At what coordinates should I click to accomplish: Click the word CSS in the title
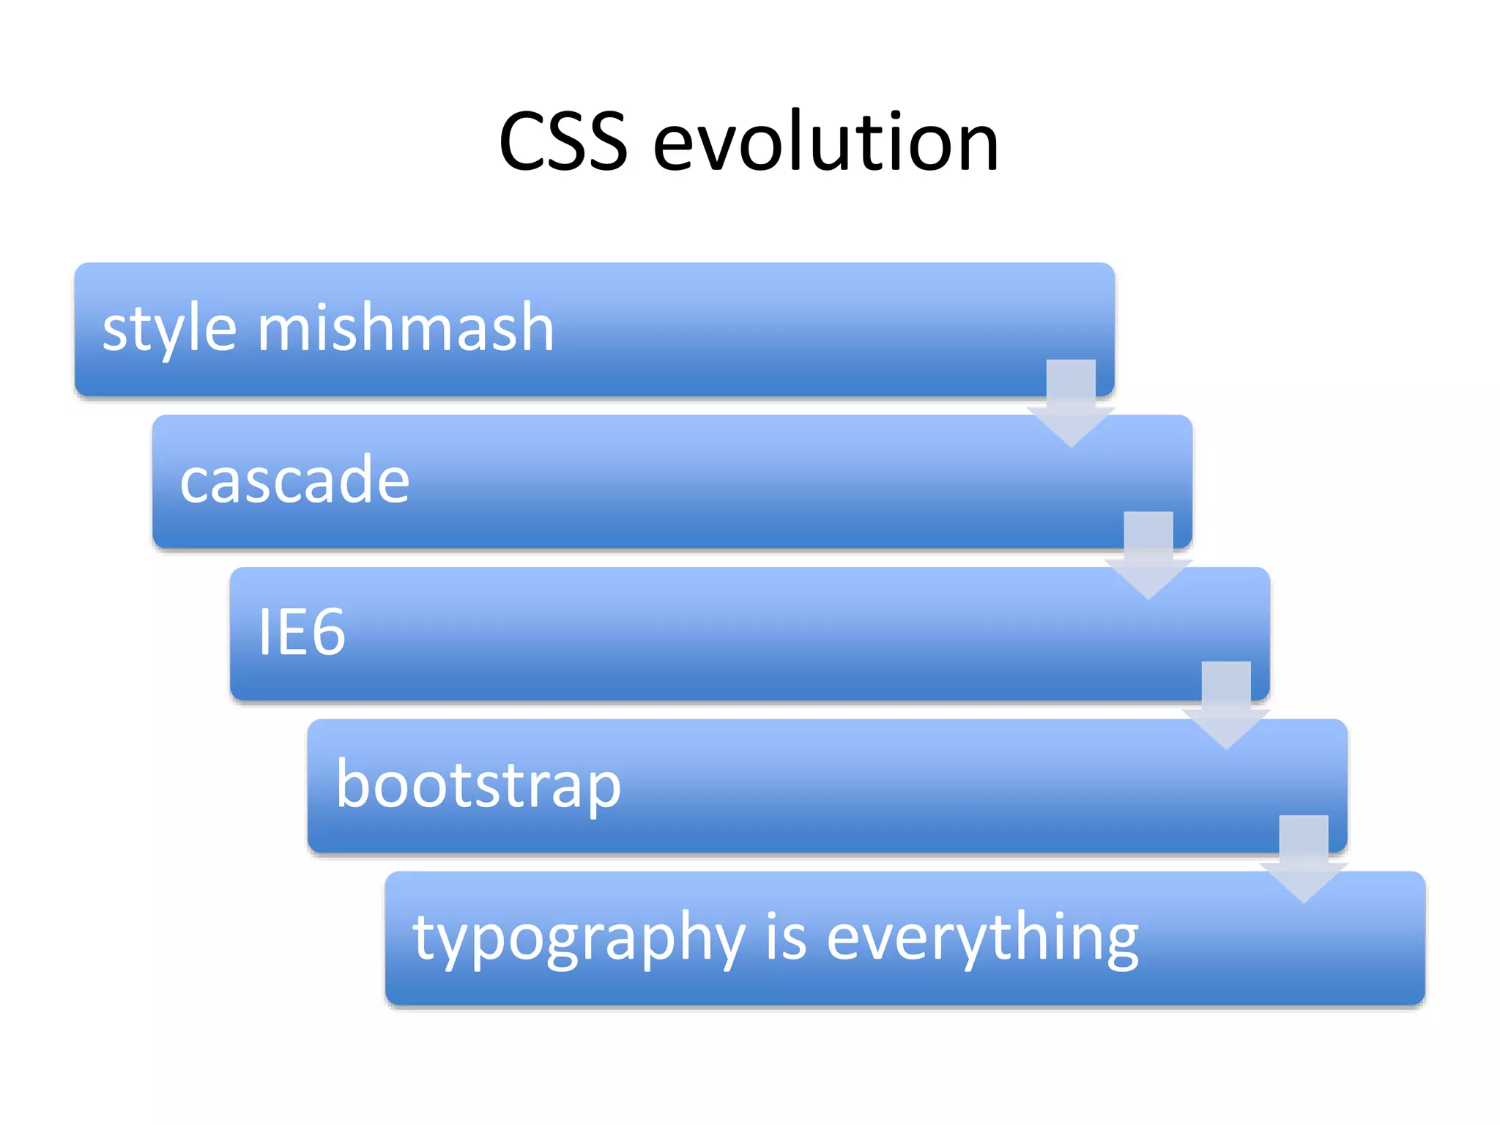point(562,142)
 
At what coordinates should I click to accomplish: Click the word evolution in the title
point(825,142)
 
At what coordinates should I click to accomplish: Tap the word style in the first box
point(169,329)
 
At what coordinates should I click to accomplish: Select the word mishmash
point(405,327)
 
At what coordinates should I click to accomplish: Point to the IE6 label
point(301,631)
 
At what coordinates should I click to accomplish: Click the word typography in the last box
point(579,939)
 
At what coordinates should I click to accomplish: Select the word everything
point(982,939)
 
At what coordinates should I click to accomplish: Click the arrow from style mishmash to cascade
point(1071,403)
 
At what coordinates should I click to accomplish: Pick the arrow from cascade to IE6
point(1148,555)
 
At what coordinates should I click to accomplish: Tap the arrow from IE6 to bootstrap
point(1226,705)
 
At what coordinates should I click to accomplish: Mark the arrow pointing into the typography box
point(1304,858)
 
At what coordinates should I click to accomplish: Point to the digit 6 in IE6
point(324,631)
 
